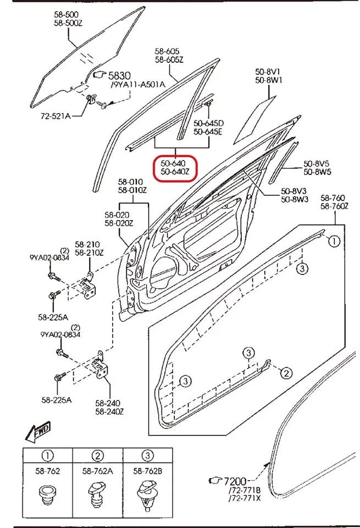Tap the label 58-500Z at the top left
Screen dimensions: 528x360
tap(68, 23)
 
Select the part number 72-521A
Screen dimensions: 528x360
tap(55, 116)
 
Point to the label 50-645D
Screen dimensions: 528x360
tap(208, 123)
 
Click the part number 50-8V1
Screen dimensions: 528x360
tap(268, 71)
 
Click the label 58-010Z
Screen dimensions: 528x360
tap(132, 190)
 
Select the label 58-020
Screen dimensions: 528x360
tap(118, 215)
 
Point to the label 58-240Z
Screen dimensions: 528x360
tap(110, 411)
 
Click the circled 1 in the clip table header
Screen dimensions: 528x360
tap(48, 455)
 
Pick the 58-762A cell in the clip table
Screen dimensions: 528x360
tap(98, 471)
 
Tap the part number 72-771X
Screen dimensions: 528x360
tap(245, 499)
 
